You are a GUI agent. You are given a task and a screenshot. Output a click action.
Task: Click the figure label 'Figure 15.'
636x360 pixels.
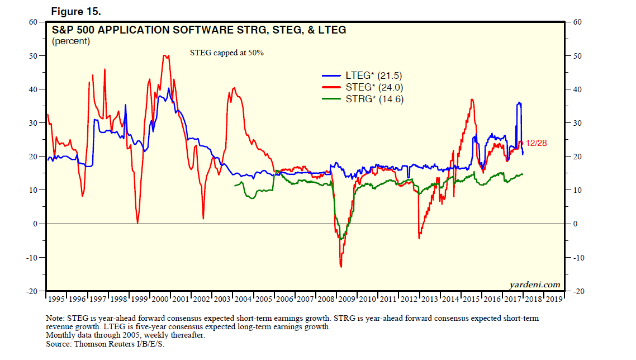(x=76, y=12)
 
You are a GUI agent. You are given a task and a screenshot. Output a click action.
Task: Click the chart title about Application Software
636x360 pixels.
(x=199, y=30)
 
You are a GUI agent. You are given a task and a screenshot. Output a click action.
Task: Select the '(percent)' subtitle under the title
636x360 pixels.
(x=71, y=41)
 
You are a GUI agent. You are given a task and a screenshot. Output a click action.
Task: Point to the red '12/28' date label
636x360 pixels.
(x=536, y=143)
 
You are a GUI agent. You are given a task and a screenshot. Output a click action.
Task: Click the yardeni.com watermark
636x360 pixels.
(x=534, y=285)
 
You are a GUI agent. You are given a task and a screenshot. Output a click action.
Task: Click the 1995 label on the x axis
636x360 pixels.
(x=56, y=300)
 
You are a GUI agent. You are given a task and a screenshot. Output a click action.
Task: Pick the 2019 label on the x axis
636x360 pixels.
(x=554, y=300)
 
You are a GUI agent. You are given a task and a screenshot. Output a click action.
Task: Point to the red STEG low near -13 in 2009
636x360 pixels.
(x=341, y=266)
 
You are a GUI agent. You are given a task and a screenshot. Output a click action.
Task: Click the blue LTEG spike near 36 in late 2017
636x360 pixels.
(x=520, y=103)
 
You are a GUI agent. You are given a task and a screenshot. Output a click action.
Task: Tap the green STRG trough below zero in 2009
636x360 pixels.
(x=340, y=239)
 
